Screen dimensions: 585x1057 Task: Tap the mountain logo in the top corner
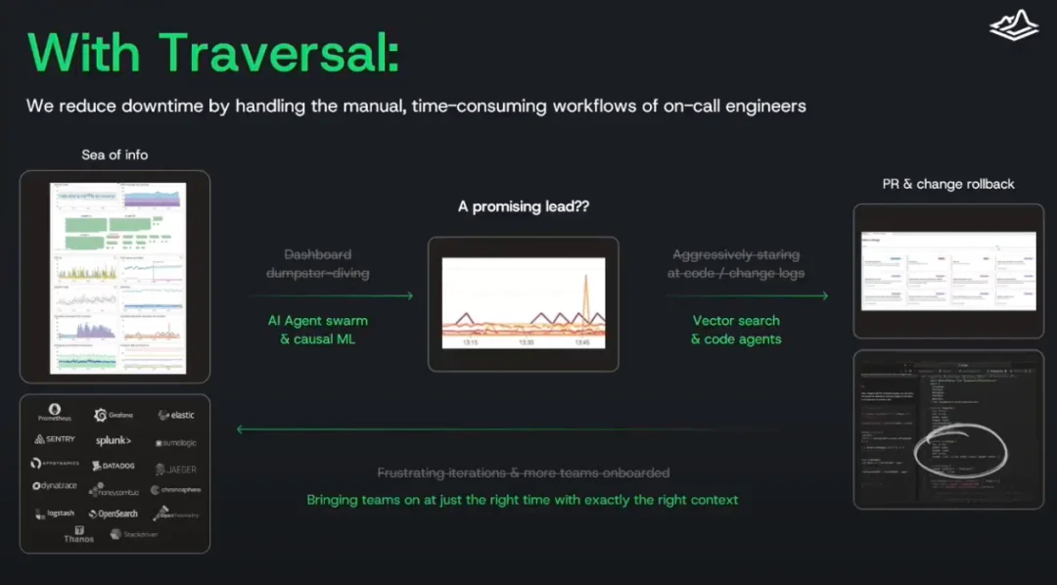(1013, 25)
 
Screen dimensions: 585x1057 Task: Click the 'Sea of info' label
(115, 155)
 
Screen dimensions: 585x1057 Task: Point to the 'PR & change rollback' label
(948, 184)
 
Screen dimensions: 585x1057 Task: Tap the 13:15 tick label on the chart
(470, 343)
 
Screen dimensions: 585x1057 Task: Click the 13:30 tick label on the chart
(526, 343)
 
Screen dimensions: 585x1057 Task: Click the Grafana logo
(115, 415)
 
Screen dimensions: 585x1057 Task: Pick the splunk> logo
(114, 441)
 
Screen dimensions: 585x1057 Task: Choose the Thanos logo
(79, 534)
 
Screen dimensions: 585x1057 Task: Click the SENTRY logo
(55, 439)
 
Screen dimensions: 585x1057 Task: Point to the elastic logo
(176, 416)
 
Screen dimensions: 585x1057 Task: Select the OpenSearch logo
(114, 514)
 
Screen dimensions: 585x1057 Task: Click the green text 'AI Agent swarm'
(318, 321)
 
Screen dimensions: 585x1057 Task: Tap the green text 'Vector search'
(736, 321)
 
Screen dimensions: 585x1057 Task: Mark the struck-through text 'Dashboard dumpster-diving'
(318, 263)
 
